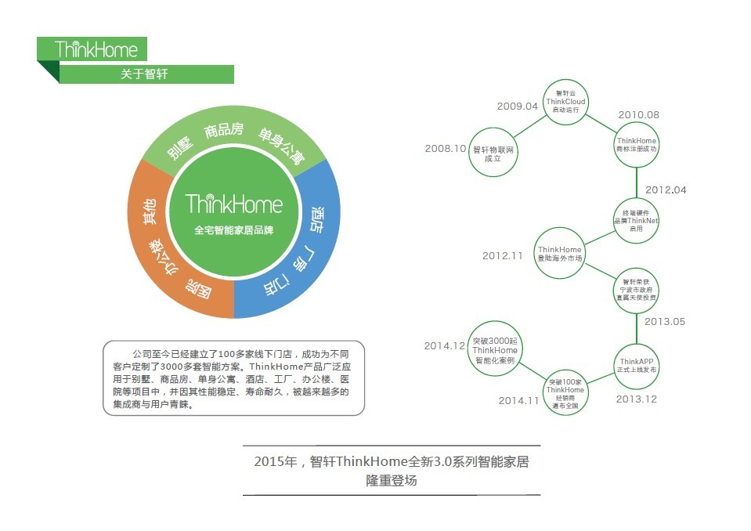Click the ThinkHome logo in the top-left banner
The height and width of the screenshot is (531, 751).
(x=96, y=49)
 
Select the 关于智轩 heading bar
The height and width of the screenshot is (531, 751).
(x=144, y=74)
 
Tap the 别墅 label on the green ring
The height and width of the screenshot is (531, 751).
(x=179, y=146)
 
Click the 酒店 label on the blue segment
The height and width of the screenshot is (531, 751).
(x=316, y=219)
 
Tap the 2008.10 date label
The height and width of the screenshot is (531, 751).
(x=446, y=148)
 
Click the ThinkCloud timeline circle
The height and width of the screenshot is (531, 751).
(x=565, y=102)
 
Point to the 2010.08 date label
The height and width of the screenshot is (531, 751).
(x=639, y=114)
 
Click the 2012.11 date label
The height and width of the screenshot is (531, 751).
(x=503, y=255)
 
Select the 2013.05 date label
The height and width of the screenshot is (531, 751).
(x=665, y=321)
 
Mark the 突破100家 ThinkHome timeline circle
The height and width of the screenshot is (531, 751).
(x=565, y=389)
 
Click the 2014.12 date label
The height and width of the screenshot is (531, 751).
(x=445, y=345)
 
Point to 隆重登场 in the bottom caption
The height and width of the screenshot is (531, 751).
(x=392, y=480)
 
